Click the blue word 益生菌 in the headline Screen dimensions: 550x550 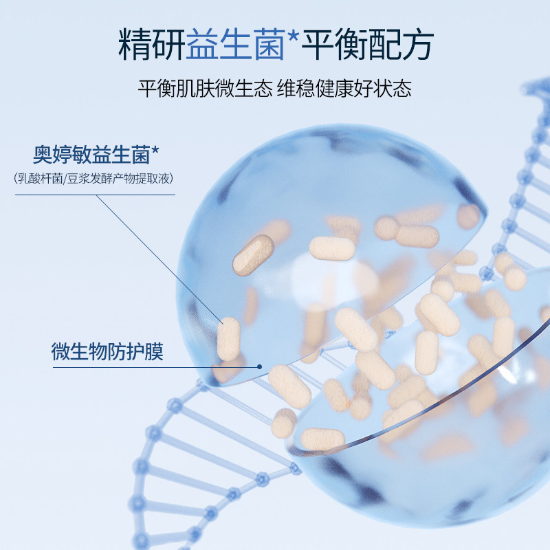click(x=234, y=46)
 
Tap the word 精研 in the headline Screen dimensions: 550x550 click(x=152, y=46)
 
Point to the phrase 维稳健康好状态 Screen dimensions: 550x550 click(x=345, y=89)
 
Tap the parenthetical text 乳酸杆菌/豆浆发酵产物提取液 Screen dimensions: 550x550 click(x=94, y=178)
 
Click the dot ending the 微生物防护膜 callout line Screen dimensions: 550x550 click(x=259, y=366)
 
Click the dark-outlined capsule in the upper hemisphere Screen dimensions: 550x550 click(x=253, y=253)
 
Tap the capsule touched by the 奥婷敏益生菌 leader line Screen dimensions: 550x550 click(x=228, y=338)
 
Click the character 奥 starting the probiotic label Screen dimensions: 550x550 click(x=43, y=153)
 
